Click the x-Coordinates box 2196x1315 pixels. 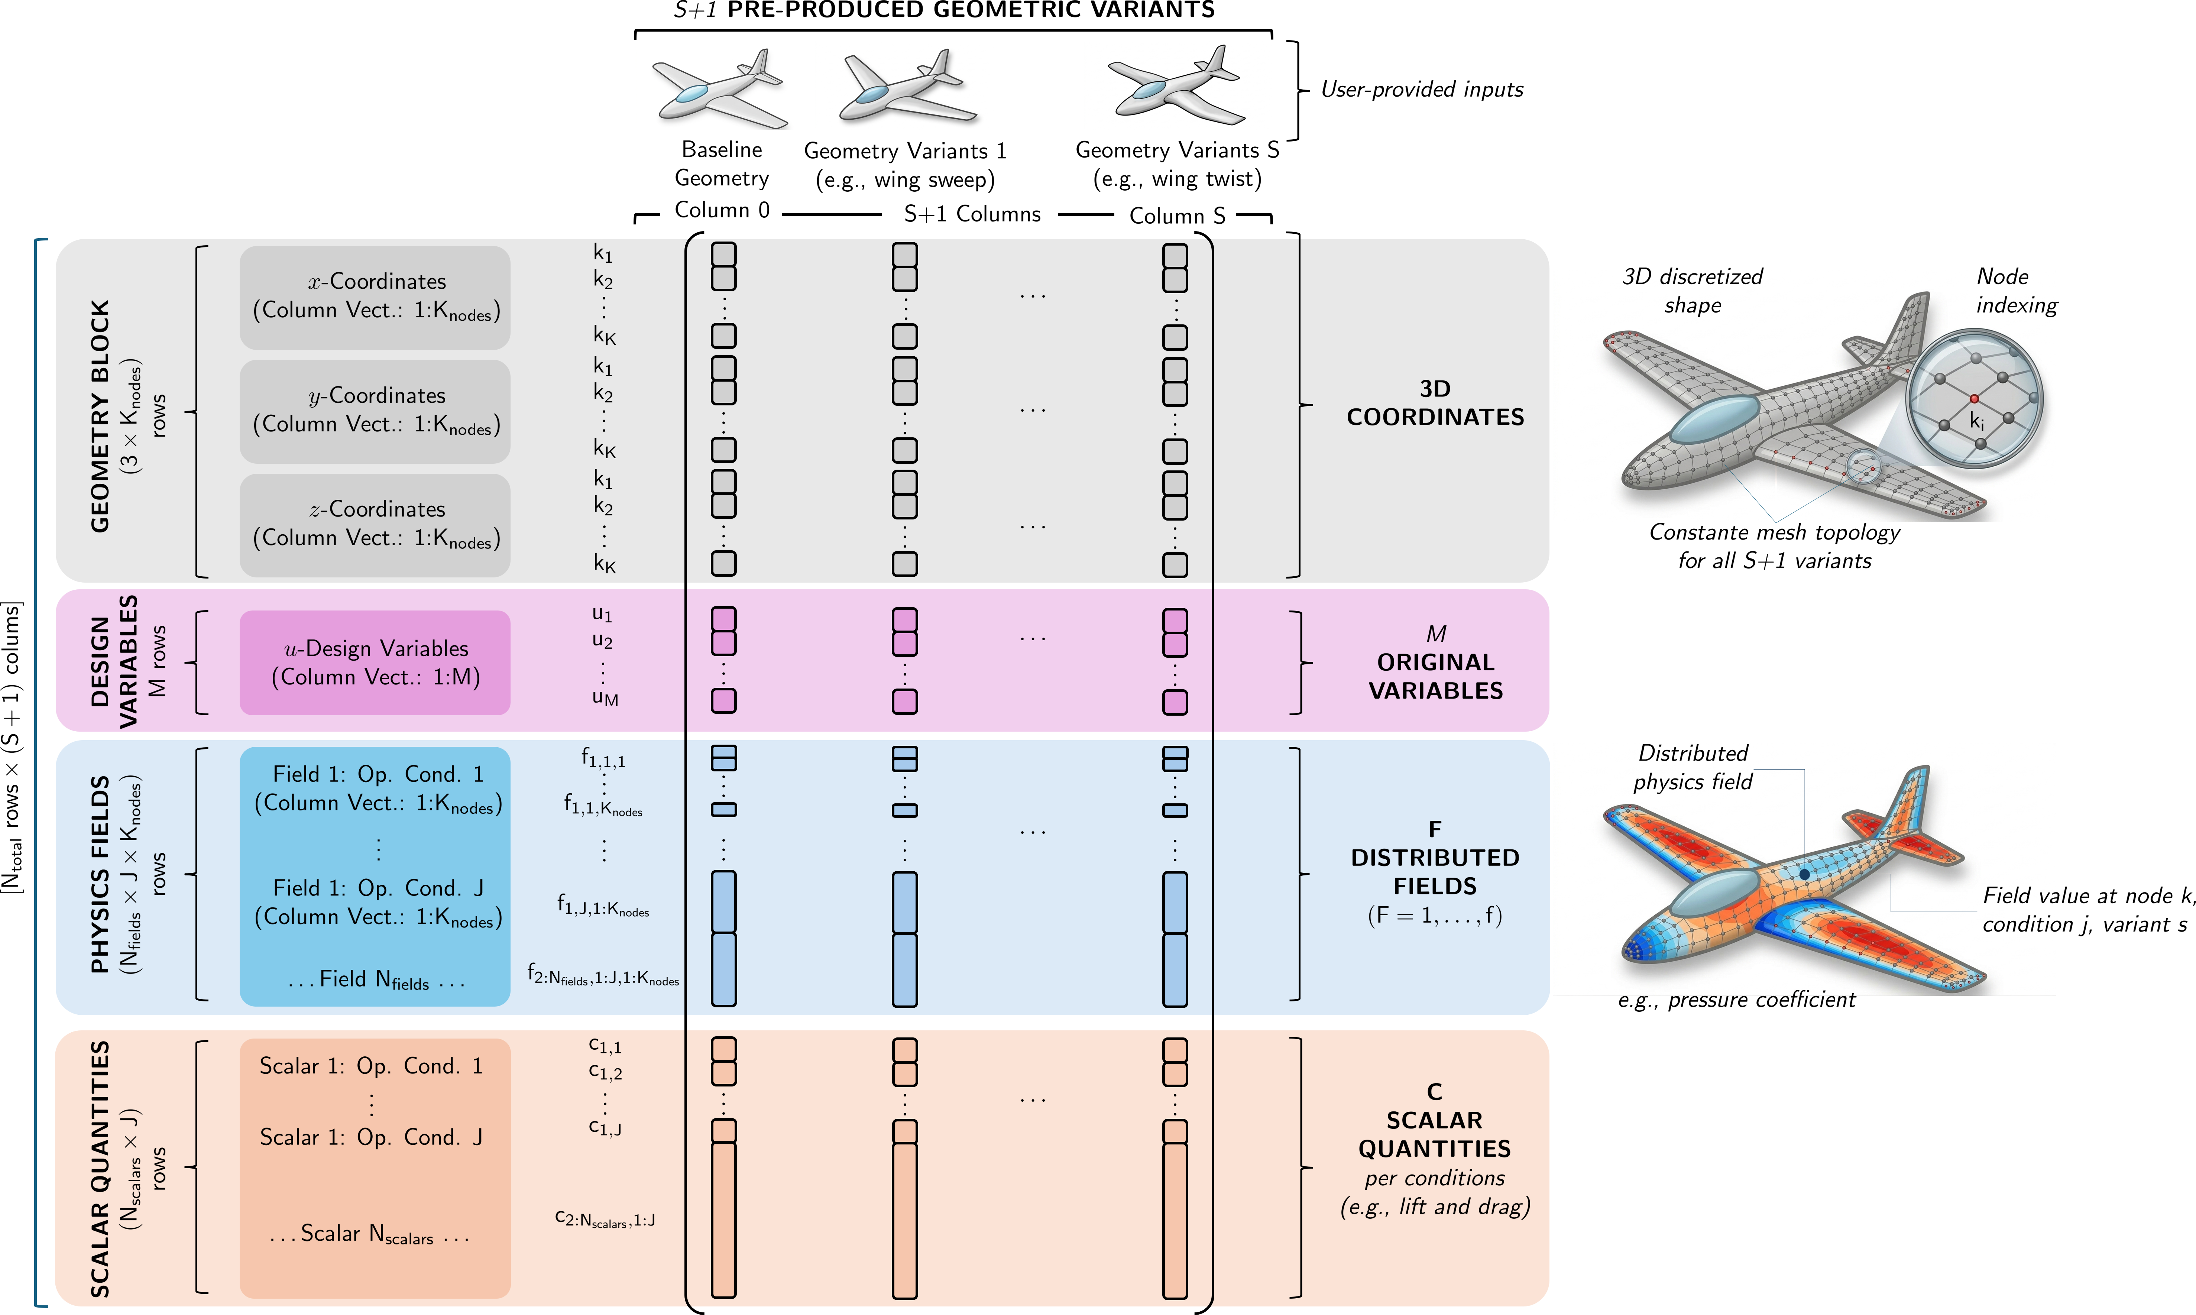[x=375, y=297]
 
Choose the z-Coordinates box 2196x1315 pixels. [x=375, y=525]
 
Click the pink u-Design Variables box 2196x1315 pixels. [x=375, y=663]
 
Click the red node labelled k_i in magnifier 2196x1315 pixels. [x=1974, y=400]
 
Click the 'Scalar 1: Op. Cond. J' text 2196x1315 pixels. [x=371, y=1138]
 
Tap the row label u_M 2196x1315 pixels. [x=605, y=698]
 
